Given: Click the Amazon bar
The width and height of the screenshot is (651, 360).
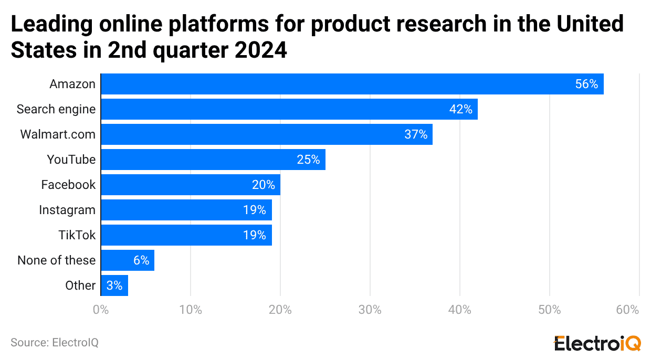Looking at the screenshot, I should (x=352, y=84).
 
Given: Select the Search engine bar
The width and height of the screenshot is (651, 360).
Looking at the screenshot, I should (x=289, y=109).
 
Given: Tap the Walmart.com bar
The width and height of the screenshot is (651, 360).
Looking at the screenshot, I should (x=266, y=134).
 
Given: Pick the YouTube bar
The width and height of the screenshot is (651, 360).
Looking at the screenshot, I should (x=213, y=160).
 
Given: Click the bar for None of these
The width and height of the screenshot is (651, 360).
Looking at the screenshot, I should (x=127, y=260).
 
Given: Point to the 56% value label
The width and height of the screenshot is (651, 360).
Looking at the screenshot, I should (x=586, y=84).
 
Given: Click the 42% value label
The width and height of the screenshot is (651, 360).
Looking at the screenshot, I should (x=460, y=109).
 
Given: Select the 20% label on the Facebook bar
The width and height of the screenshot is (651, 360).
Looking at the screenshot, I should (x=263, y=185).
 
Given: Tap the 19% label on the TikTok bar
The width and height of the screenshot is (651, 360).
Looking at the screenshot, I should (x=254, y=235).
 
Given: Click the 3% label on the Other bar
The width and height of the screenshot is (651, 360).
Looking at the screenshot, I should (x=114, y=285).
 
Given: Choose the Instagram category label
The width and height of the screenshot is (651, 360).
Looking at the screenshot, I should (x=67, y=210).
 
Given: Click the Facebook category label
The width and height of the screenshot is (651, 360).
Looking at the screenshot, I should (x=68, y=185).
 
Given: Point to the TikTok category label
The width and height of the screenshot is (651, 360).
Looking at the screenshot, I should (x=77, y=235).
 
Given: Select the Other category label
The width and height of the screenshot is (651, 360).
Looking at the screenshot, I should (x=80, y=285).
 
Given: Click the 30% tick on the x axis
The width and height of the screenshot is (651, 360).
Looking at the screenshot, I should (x=370, y=310).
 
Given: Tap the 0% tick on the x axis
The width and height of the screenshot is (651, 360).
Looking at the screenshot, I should (x=101, y=310).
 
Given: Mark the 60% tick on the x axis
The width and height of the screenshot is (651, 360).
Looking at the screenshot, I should (x=628, y=310).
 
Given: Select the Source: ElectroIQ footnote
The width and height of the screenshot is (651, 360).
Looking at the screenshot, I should (x=55, y=343).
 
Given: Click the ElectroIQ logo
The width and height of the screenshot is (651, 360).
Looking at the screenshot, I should (x=597, y=344).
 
